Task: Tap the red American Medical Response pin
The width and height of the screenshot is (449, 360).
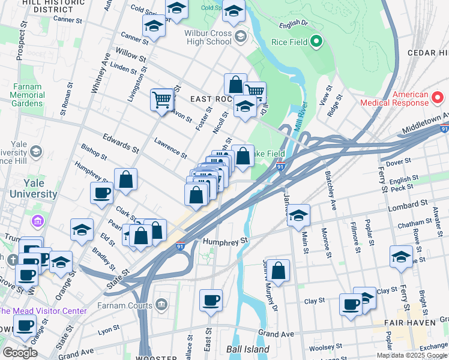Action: coord(438,97)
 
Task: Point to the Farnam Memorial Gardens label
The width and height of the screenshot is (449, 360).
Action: coord(27,95)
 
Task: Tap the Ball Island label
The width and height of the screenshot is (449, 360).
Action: coord(248,349)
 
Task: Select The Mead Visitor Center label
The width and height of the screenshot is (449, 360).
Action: coord(43,311)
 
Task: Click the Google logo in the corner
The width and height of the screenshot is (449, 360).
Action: coord(20,352)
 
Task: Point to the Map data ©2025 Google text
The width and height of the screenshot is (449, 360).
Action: coord(412,355)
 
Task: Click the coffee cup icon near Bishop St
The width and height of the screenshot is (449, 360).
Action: coord(101,193)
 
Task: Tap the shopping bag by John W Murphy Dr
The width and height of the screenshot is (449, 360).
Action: coord(278,270)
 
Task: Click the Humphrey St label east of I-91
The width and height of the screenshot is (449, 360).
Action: coord(225,241)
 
